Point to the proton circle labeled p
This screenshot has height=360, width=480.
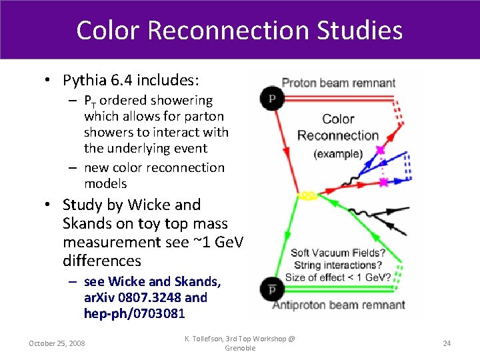pos(272,97)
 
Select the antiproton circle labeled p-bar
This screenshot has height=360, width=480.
pos(272,289)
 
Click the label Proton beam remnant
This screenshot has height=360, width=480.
pos(339,83)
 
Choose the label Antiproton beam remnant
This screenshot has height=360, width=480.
pos(345,305)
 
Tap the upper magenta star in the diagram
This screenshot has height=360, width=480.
pos(380,150)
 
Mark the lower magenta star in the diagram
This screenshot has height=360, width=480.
pos(383,182)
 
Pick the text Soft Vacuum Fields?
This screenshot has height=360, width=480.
pos(338,253)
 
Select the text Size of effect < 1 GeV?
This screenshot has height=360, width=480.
pos(338,277)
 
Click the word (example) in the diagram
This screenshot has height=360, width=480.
pos(338,153)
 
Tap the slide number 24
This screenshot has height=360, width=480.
pos(447,343)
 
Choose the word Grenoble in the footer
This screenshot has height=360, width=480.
pos(240,348)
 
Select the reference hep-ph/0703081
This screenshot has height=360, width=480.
pos(134,313)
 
